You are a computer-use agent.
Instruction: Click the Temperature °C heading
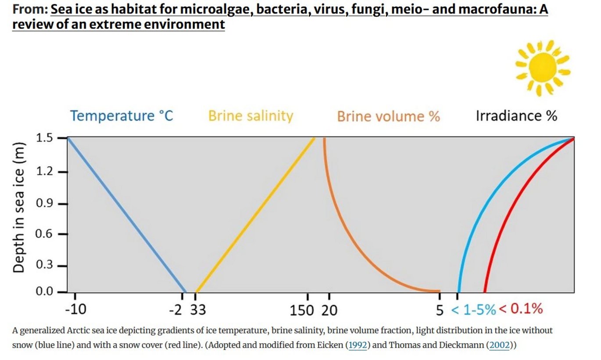point(122,116)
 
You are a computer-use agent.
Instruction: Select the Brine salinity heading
point(250,116)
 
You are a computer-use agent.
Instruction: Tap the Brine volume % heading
point(388,116)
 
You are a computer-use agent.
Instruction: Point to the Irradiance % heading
point(516,116)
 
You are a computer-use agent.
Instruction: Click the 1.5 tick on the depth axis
point(44,138)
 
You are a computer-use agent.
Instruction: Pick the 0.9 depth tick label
point(44,204)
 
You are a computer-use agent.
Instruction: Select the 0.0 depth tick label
point(44,292)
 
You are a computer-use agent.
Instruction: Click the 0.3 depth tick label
point(44,266)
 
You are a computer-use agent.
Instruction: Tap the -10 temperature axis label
point(75,310)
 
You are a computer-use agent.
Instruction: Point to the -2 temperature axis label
point(175,310)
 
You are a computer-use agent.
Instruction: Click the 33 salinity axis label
point(198,310)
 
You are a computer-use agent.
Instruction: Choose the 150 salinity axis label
point(302,310)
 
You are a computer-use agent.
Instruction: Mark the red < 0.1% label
point(521,309)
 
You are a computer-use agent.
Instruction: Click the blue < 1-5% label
point(474,310)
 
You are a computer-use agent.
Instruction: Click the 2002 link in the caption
point(500,345)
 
